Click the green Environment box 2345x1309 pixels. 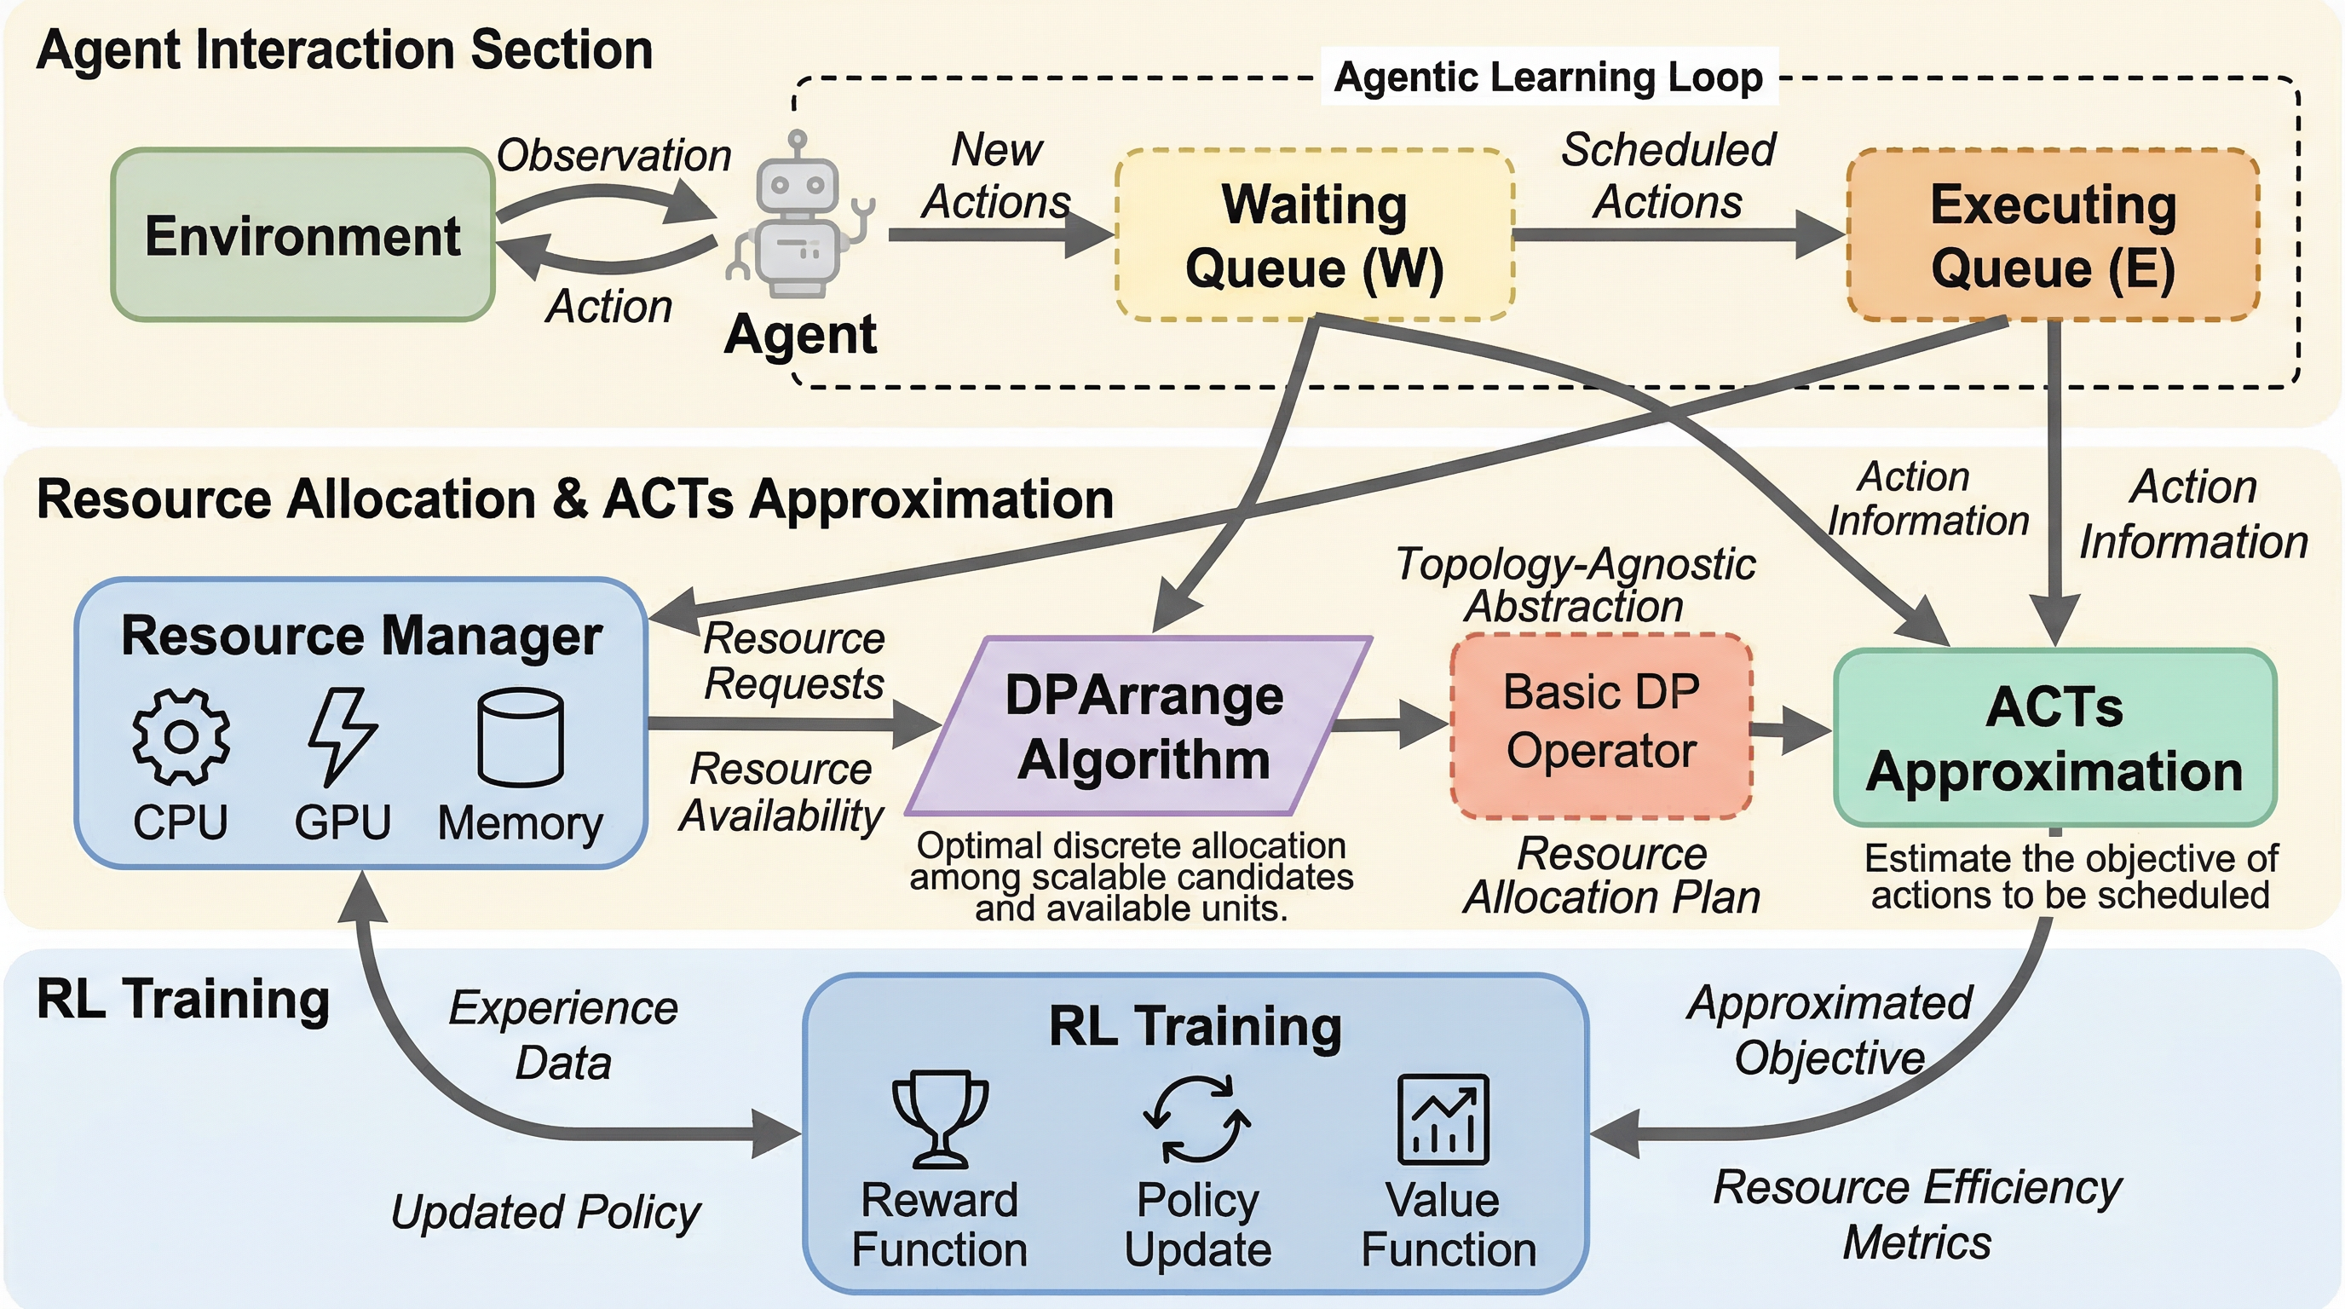pyautogui.click(x=302, y=235)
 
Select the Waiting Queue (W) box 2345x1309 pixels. pyautogui.click(x=1315, y=235)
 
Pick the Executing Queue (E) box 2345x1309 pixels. pyautogui.click(x=2053, y=235)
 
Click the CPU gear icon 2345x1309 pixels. pyautogui.click(x=181, y=736)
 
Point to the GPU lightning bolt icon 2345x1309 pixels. pyautogui.click(x=342, y=736)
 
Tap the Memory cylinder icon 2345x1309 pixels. pyautogui.click(x=520, y=736)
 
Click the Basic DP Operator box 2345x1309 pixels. pyautogui.click(x=1600, y=724)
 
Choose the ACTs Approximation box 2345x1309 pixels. pyautogui.click(x=2054, y=737)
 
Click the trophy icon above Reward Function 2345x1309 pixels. pyautogui.click(x=940, y=1118)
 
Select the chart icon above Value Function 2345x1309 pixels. pyautogui.click(x=1443, y=1119)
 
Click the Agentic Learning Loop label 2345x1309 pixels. pyautogui.click(x=1547, y=77)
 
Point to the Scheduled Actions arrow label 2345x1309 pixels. pyautogui.click(x=1668, y=175)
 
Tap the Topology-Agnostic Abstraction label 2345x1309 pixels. pyautogui.click(x=1575, y=585)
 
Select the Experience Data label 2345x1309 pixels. pyautogui.click(x=563, y=1035)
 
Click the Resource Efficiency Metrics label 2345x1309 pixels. pyautogui.click(x=1917, y=1214)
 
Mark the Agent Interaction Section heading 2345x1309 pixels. pyautogui.click(x=344, y=49)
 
